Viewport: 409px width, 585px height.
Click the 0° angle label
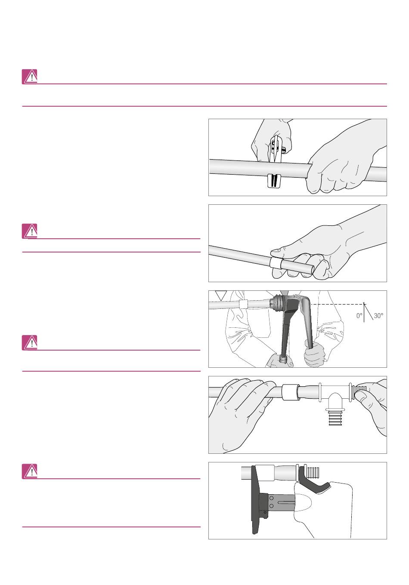tap(359, 315)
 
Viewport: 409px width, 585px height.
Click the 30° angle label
tap(378, 315)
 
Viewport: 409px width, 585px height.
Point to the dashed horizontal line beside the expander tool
tap(338, 304)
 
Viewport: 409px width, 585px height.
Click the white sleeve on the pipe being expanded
tap(243, 304)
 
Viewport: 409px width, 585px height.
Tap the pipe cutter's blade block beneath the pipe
tap(274, 181)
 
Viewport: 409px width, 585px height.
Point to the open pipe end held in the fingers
tap(311, 269)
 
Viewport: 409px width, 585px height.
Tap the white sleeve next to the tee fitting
tap(290, 393)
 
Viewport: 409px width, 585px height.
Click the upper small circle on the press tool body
tap(271, 499)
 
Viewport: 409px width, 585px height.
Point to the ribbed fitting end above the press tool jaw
tap(313, 472)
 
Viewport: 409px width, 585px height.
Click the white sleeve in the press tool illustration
tap(265, 472)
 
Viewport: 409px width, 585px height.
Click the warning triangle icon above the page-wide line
tap(30, 77)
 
